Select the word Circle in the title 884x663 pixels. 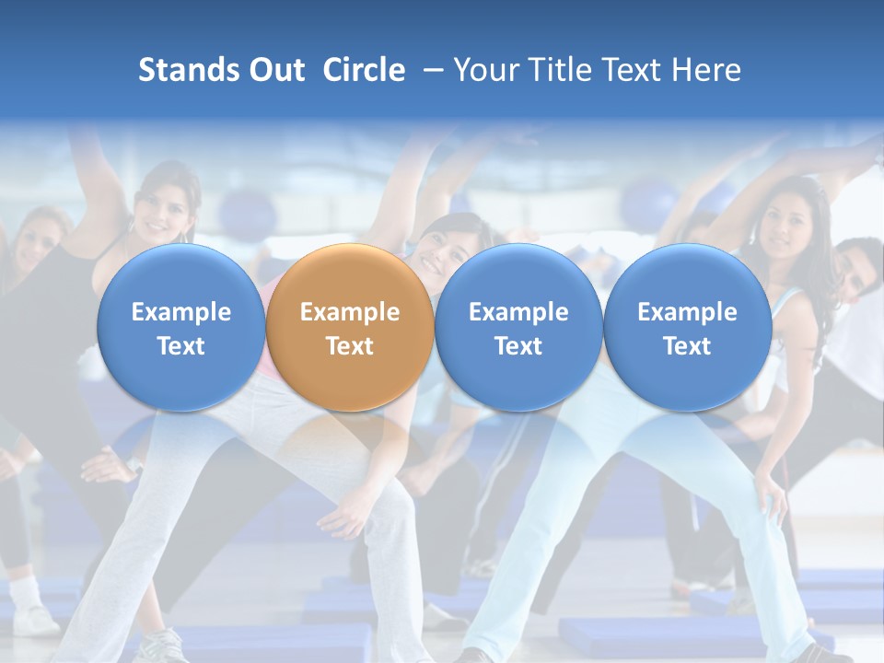pos(364,70)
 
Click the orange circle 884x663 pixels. pos(350,328)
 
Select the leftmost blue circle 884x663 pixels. pos(181,328)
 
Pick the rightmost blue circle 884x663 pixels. pos(687,328)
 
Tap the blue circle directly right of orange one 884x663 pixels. pos(518,328)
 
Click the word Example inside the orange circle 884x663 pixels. pos(350,312)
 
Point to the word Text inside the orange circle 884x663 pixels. pos(350,346)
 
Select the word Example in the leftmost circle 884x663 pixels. pos(181,312)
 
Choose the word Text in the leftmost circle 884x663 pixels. pos(181,346)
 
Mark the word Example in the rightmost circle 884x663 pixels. pos(687,312)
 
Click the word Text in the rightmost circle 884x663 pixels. pos(687,346)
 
